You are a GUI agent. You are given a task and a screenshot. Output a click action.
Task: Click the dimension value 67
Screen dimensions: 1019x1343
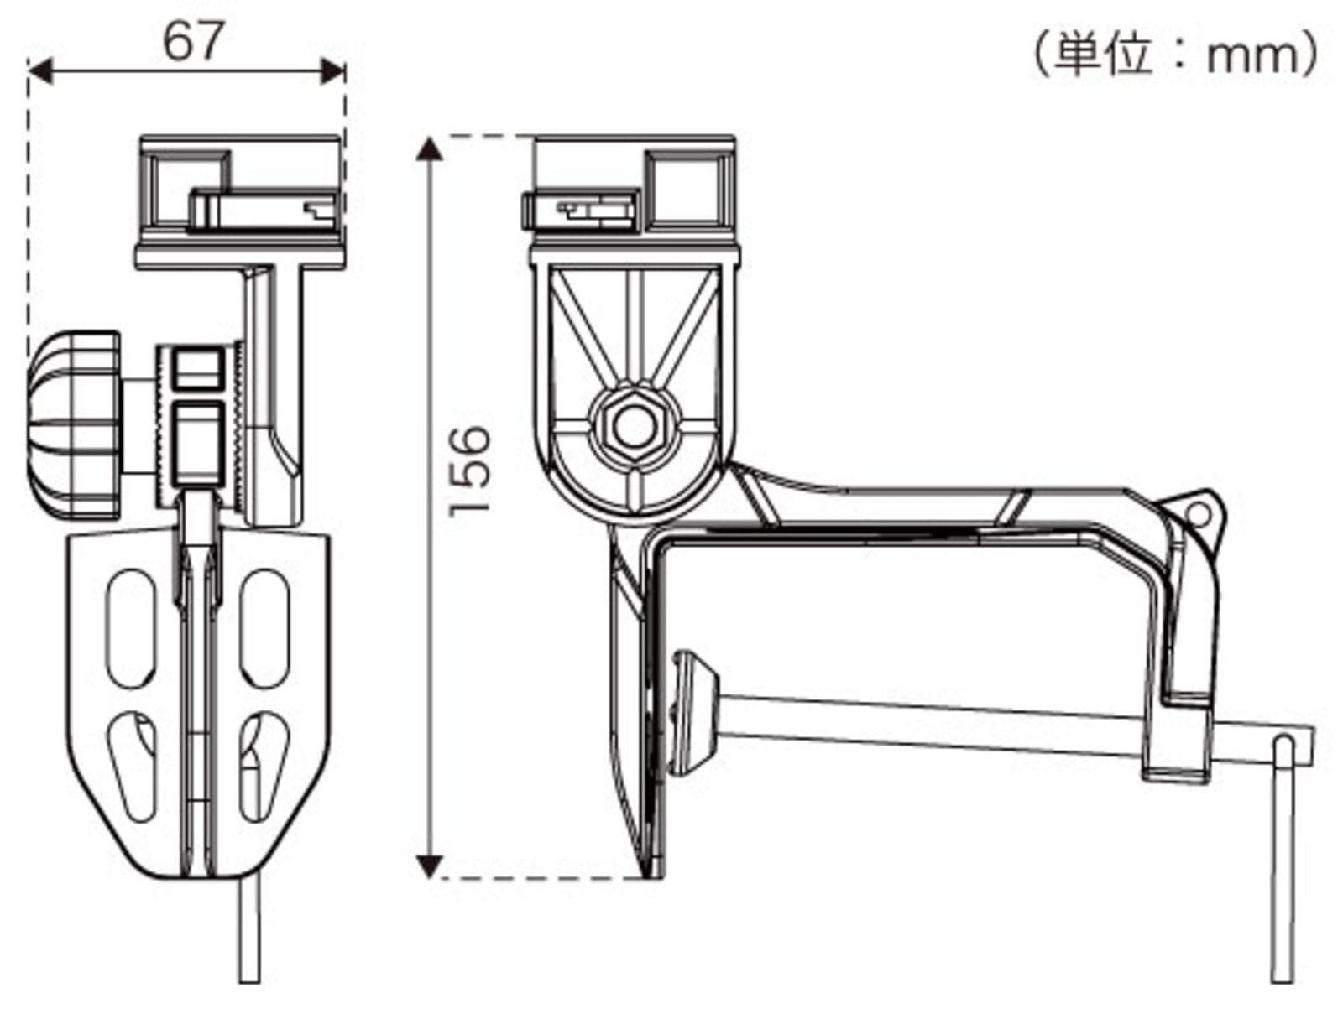[194, 41]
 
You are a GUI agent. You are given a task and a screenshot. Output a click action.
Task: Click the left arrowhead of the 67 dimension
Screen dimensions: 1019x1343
[40, 71]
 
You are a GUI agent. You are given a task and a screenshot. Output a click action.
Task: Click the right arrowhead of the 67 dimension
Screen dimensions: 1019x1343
[333, 71]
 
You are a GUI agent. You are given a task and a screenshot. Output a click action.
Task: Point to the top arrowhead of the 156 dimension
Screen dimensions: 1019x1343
[430, 151]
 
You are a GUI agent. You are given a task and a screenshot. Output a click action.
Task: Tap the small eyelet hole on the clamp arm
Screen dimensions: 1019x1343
[1198, 514]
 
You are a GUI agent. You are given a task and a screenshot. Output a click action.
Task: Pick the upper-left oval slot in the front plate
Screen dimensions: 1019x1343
[132, 624]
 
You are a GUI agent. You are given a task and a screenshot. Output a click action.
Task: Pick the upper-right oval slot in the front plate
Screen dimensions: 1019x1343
[264, 626]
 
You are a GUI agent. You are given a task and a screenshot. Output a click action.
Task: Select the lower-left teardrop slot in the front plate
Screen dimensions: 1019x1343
[134, 764]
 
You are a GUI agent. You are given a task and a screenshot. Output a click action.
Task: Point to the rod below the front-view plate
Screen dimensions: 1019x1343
[249, 931]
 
